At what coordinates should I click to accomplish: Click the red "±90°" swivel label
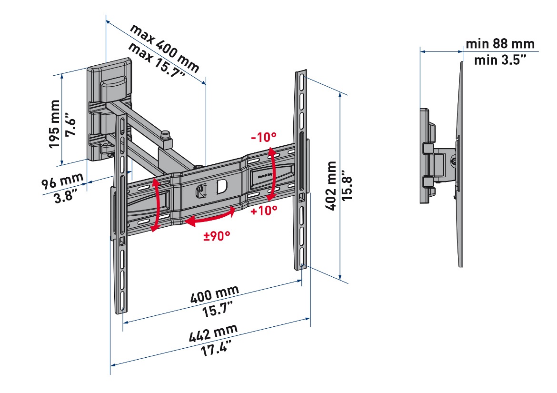coord(217,235)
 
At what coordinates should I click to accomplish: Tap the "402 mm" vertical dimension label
coord(331,186)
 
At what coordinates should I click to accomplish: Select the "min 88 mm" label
coord(500,44)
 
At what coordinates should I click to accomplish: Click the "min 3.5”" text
coord(500,60)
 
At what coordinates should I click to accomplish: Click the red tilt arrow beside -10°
coord(272,174)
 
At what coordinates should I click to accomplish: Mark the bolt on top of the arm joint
coord(166,135)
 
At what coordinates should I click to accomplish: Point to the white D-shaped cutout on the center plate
coord(221,187)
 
